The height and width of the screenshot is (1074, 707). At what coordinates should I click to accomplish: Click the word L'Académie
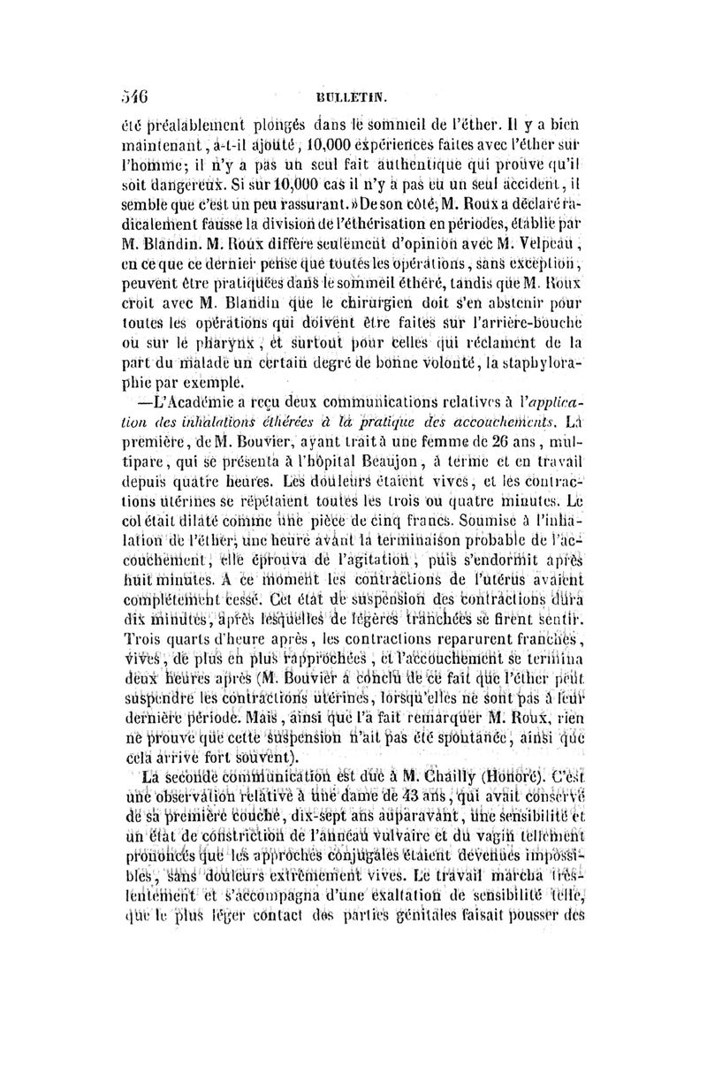point(191,399)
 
